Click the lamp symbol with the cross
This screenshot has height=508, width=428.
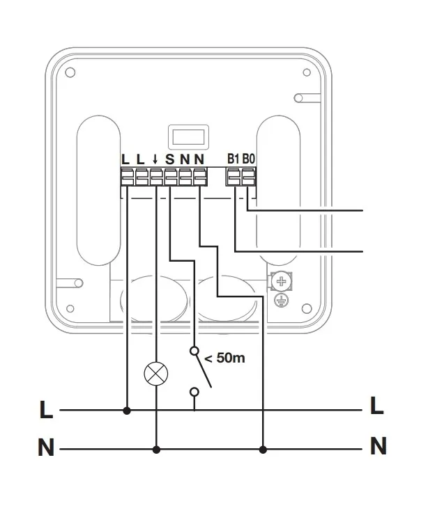[x=155, y=374]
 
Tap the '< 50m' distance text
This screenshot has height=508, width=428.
[x=225, y=360]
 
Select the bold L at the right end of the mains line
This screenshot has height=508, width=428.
[x=377, y=406]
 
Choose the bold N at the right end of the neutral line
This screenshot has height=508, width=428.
[x=378, y=445]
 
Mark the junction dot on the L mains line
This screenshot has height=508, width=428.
[x=126, y=411]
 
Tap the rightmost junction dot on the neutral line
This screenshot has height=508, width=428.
[x=262, y=450]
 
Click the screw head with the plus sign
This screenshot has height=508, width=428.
[x=282, y=282]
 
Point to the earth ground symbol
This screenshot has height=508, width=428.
[x=281, y=301]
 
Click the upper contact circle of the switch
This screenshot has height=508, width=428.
[x=194, y=352]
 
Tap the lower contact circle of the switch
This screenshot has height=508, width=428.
[x=194, y=392]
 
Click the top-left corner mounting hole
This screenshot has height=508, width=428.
[x=70, y=73]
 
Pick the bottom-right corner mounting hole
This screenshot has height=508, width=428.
[x=307, y=306]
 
